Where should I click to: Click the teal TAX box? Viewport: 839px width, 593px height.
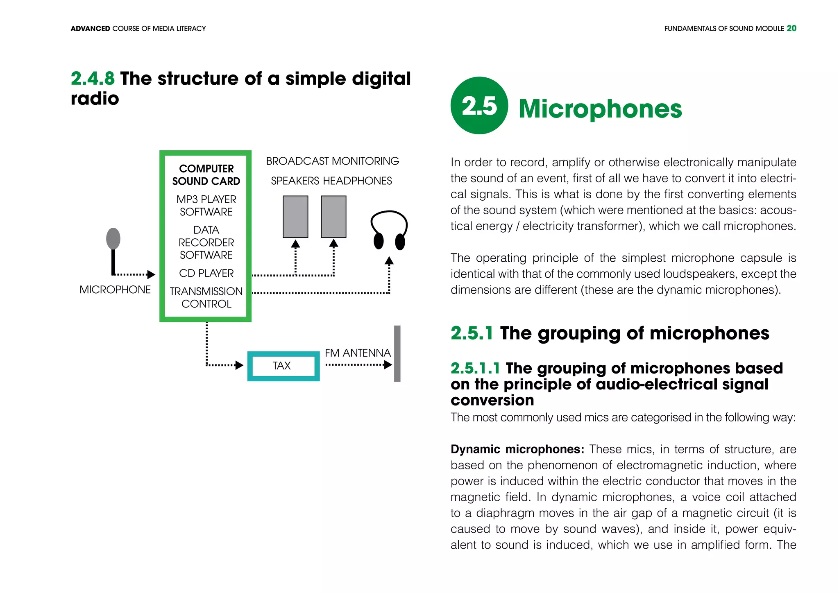[283, 366]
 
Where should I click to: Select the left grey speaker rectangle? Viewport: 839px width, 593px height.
[295, 217]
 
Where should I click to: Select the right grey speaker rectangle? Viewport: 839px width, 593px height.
[333, 217]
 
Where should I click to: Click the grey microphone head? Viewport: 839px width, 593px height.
[113, 238]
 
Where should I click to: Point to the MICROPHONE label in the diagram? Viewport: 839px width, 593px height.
[115, 290]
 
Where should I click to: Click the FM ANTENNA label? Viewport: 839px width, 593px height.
[358, 353]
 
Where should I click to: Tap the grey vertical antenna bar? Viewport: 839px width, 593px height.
[397, 353]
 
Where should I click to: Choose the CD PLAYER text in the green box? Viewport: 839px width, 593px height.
[206, 273]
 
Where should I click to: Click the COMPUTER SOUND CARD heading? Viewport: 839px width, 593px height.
[206, 175]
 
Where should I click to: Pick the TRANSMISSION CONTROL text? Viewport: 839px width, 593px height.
[206, 297]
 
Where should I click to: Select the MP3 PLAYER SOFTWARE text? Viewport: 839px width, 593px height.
[206, 206]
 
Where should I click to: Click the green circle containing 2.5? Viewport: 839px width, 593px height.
[479, 106]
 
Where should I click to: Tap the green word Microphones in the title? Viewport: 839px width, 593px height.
[600, 109]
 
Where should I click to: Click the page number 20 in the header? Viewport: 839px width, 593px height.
[791, 28]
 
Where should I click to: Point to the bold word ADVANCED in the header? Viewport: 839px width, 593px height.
[90, 29]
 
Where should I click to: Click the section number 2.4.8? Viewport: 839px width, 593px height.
[93, 79]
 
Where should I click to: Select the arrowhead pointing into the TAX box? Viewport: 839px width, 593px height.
[240, 365]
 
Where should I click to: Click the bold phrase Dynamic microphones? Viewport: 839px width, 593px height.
[517, 449]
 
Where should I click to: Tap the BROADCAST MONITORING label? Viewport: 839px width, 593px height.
[332, 161]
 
